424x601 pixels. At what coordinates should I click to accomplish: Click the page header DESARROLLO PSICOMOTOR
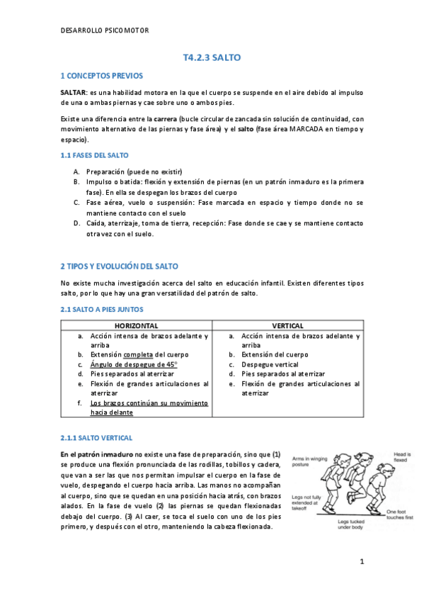[x=104, y=31]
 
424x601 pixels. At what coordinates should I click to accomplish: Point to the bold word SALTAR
[x=73, y=93]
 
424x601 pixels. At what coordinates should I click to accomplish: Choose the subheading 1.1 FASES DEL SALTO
[x=95, y=155]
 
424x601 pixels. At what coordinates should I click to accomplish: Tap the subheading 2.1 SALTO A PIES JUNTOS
[x=102, y=310]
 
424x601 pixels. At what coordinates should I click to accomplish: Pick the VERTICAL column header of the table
[x=288, y=325]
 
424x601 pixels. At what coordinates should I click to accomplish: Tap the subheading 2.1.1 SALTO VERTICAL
[x=96, y=438]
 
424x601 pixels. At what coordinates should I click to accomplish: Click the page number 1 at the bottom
[x=361, y=562]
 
